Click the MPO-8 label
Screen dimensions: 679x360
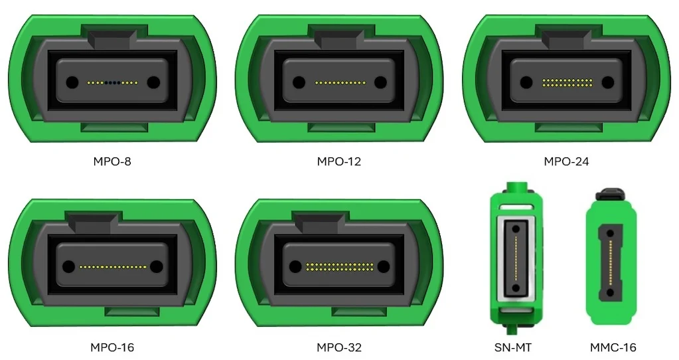tap(112, 161)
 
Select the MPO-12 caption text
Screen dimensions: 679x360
tap(339, 161)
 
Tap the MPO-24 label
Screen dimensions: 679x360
tap(566, 161)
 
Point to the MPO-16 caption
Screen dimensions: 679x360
tap(112, 347)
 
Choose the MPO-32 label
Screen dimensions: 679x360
tap(339, 347)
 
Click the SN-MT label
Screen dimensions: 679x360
tap(512, 347)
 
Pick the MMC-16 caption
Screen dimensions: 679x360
tap(613, 347)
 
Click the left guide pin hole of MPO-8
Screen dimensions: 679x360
tap(72, 82)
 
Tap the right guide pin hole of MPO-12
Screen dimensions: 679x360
tap(380, 82)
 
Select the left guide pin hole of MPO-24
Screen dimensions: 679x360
tap(526, 82)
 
